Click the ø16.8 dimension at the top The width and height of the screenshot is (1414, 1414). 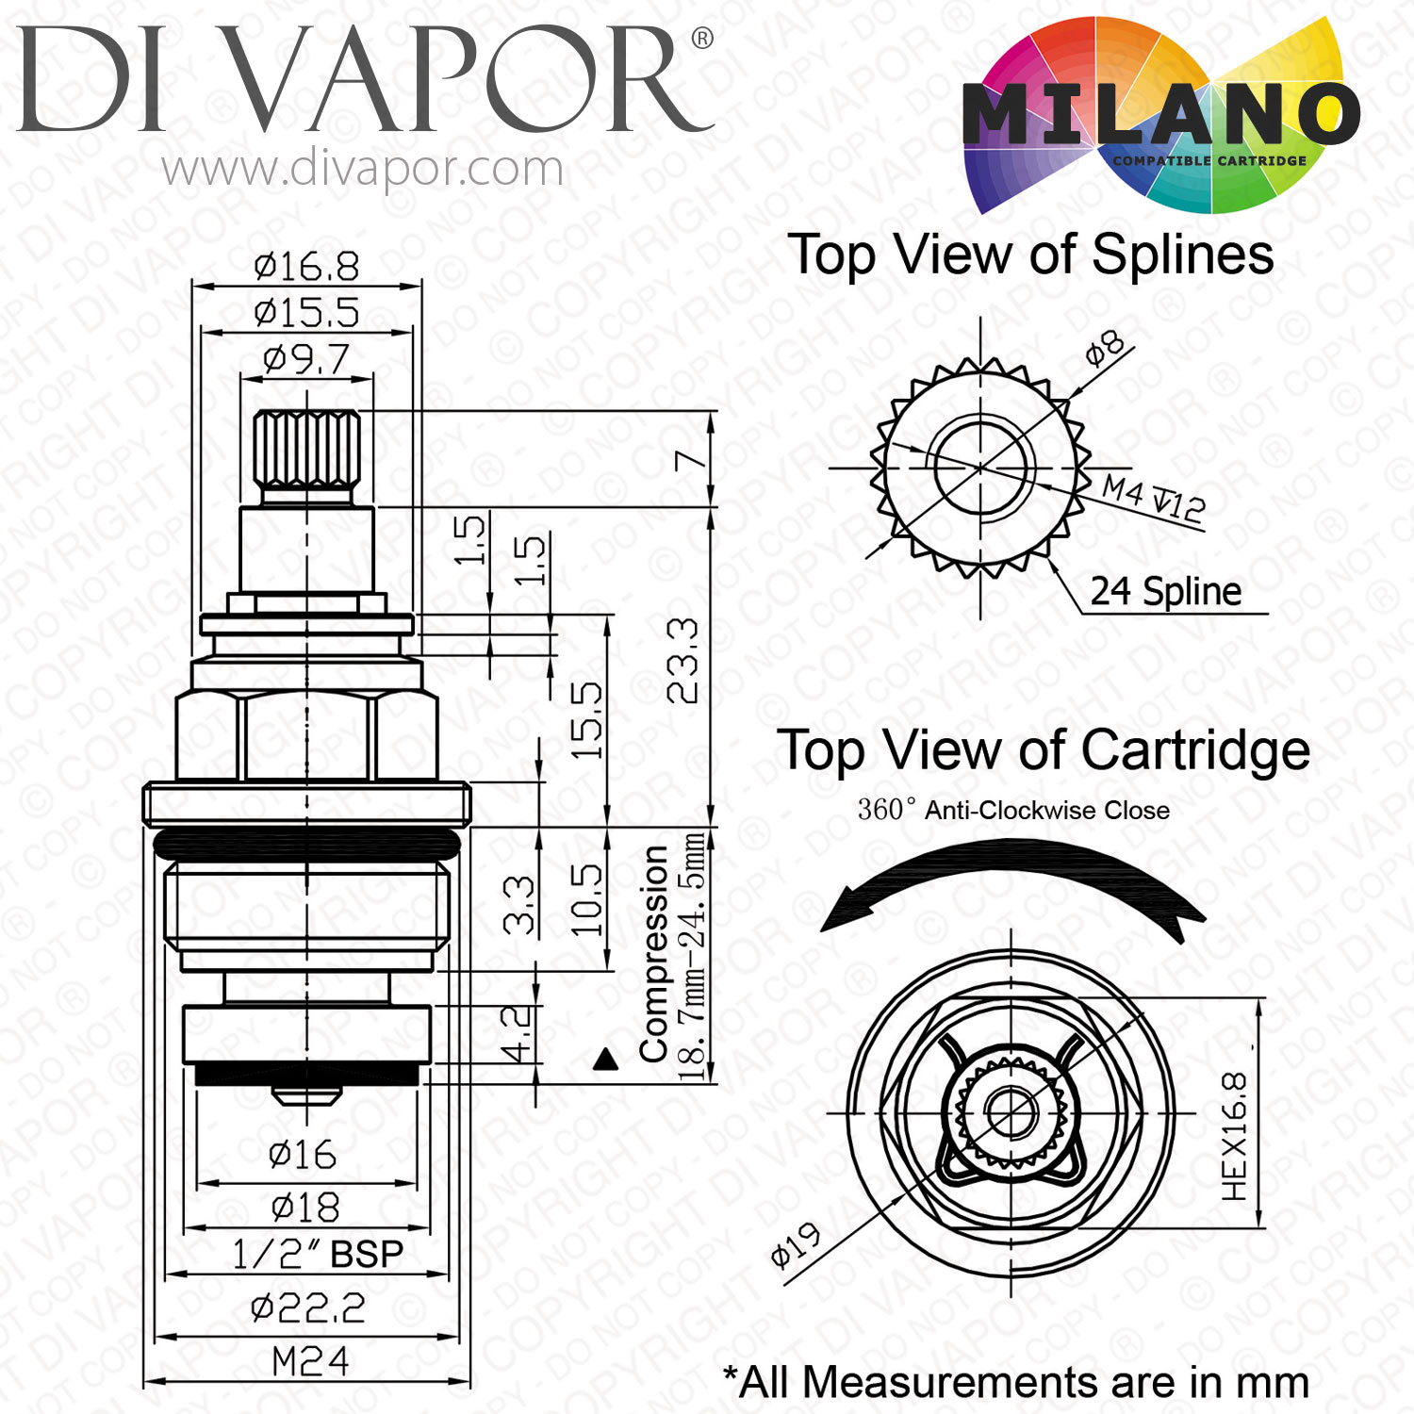pos(306,267)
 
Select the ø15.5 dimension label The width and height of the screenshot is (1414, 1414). pos(306,313)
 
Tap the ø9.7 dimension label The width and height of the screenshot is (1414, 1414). pos(306,358)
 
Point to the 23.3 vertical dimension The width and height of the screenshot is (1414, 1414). pos(682,660)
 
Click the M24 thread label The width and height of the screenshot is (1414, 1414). pos(310,1361)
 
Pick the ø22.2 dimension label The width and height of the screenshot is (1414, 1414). pos(308,1307)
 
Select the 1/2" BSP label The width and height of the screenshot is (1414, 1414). pos(319,1255)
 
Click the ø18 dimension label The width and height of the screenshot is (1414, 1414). pos(305,1207)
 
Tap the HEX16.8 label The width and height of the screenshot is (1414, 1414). pos(1234,1136)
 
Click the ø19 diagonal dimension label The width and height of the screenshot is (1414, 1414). pos(796,1245)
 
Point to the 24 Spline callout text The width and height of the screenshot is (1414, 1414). pos(1166,591)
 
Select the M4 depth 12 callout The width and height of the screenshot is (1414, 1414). pos(1154,497)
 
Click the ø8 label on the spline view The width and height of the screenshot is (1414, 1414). pos(1104,348)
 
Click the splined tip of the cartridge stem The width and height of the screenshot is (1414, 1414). pos(307,448)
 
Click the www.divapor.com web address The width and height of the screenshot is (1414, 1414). pos(363,170)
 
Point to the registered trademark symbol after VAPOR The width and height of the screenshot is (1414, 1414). pos(702,39)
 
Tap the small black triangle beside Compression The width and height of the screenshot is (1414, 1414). pos(606,1060)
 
